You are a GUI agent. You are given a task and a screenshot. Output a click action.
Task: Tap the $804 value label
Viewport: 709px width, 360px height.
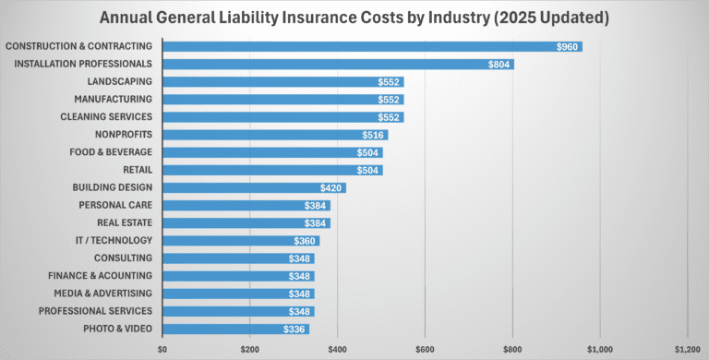tap(499, 64)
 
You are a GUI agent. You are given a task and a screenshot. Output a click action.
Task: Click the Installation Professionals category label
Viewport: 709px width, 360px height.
tap(85, 64)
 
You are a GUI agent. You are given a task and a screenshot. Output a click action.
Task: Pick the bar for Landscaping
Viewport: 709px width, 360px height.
tap(282, 81)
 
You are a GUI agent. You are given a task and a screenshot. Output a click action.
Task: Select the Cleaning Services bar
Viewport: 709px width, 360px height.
tap(282, 117)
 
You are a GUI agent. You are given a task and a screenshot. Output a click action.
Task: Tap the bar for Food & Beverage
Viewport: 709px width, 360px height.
tap(272, 152)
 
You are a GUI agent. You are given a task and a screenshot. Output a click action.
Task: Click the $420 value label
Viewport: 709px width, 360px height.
tap(332, 187)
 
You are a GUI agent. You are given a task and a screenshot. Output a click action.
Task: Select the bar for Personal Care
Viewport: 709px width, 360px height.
tap(246, 205)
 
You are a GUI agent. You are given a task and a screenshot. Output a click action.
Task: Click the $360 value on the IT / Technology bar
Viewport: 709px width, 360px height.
tap(306, 241)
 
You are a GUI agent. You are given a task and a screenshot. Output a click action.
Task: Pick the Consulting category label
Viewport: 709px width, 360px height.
tap(123, 258)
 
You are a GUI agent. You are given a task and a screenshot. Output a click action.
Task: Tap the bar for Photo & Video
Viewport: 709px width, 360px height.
tap(235, 329)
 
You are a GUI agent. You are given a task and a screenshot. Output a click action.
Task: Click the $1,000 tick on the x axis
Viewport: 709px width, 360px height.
tap(600, 350)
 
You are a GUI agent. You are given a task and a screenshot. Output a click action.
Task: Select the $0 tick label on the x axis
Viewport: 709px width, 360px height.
tap(162, 350)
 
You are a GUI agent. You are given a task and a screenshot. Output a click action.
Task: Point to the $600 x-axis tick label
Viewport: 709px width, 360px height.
tap(425, 350)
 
